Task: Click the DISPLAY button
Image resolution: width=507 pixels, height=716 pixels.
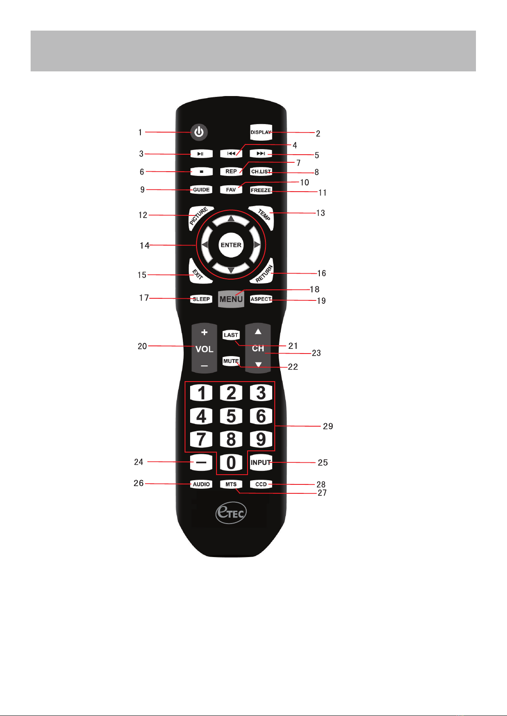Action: click(x=261, y=132)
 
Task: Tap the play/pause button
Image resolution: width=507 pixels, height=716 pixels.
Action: click(x=202, y=154)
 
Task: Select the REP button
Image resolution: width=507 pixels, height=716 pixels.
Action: click(x=231, y=171)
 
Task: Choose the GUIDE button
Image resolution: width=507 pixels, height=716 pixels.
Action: click(x=201, y=190)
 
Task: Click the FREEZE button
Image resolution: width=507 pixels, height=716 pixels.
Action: click(x=261, y=190)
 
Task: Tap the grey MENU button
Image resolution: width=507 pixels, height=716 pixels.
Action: click(x=231, y=299)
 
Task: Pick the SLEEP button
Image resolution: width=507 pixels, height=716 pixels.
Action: click(x=201, y=299)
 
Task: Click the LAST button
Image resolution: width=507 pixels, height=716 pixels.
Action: click(x=231, y=335)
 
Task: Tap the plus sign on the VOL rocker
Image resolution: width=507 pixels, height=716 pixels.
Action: click(x=204, y=332)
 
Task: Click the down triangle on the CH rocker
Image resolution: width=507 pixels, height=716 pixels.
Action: click(x=258, y=365)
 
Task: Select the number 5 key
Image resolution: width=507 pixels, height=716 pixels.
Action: click(x=231, y=416)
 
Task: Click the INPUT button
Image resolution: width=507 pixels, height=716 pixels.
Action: click(x=261, y=462)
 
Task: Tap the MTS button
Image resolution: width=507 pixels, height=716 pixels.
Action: click(x=231, y=484)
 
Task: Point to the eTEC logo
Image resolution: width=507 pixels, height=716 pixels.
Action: click(x=231, y=513)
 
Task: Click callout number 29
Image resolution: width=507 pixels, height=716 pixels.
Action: click(x=328, y=426)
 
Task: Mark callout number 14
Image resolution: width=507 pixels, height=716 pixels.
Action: click(x=145, y=246)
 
